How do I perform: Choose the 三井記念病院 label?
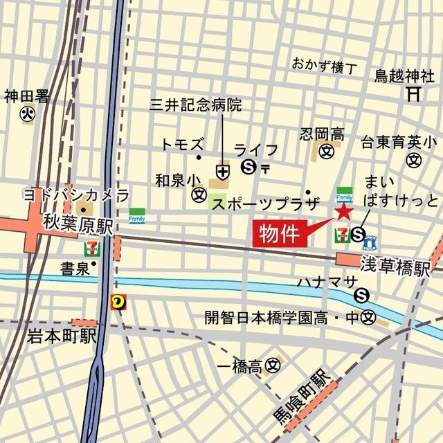pyautogui.click(x=196, y=105)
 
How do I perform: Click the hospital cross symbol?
pyautogui.click(x=223, y=170)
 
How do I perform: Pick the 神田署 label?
pyautogui.click(x=27, y=96)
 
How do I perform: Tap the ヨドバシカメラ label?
pyautogui.click(x=76, y=194)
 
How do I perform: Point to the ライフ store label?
pyautogui.click(x=255, y=150)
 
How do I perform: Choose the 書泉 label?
pyautogui.click(x=74, y=268)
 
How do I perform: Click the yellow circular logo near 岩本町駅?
pyautogui.click(x=118, y=301)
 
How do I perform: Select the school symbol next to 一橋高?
pyautogui.click(x=274, y=364)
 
